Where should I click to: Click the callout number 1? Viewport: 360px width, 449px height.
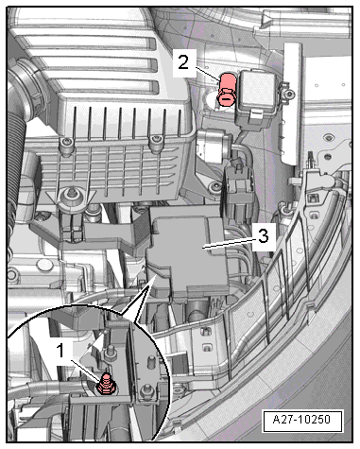pos(60,351)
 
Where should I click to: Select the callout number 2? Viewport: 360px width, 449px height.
pos(183,62)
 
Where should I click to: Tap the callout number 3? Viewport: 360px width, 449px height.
pos(264,235)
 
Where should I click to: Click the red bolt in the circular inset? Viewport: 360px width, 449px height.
pos(107,384)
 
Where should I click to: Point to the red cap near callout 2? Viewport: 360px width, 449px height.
pos(226,89)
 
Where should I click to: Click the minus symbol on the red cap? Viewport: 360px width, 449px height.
pos(225,99)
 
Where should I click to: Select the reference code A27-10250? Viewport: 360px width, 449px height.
pos(301,420)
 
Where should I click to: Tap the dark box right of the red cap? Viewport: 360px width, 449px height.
pos(257,97)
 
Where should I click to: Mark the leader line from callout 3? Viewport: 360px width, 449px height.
pos(230,243)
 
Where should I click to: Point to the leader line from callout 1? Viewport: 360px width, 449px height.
pos(86,370)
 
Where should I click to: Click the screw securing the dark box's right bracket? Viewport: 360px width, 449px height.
pos(290,94)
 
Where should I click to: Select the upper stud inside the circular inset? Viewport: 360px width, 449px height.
pos(111,352)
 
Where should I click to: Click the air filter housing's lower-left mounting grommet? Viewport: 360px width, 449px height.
pos(72,198)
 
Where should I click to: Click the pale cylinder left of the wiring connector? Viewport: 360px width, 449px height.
pos(210,146)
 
